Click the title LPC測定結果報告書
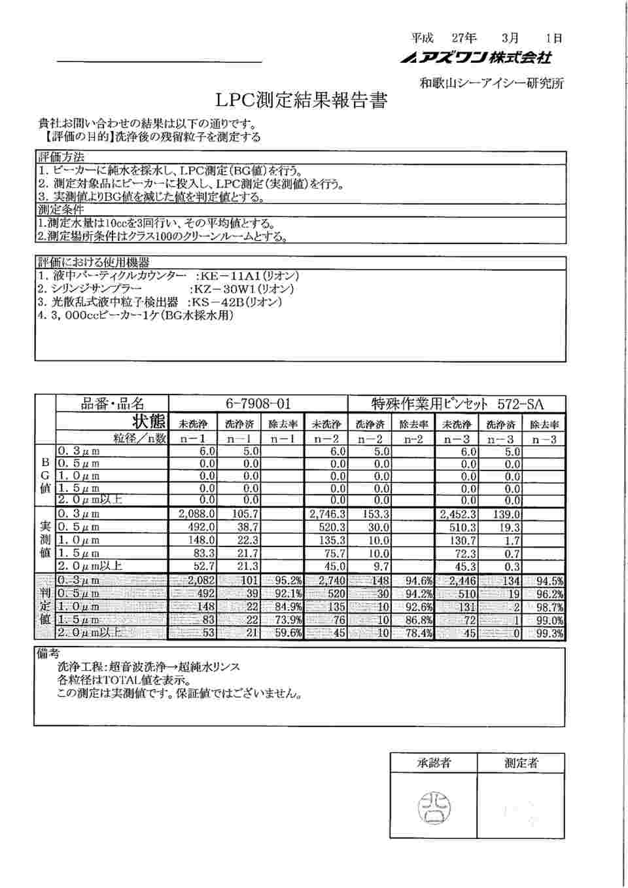(301, 101)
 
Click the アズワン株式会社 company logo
(477, 58)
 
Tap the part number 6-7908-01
(258, 404)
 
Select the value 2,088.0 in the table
(197, 514)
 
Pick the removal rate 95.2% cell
(284, 581)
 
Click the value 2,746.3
(328, 514)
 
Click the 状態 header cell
(149, 421)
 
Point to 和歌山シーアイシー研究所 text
(491, 83)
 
